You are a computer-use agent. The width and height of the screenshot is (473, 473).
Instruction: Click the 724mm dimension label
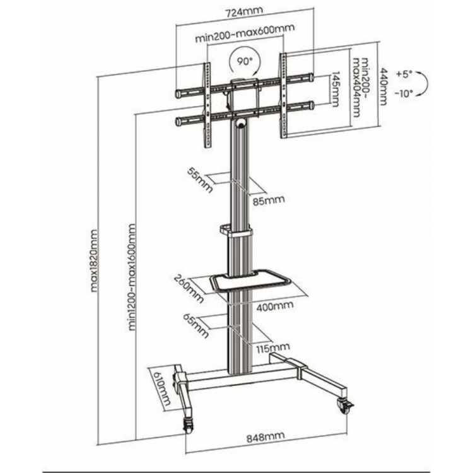point(244,12)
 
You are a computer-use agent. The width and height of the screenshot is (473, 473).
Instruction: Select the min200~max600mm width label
point(245,33)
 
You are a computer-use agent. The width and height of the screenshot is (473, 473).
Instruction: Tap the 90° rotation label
point(244,62)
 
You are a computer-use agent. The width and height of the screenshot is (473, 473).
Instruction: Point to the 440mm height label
point(383,86)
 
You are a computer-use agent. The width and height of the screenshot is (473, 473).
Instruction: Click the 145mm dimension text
point(336,89)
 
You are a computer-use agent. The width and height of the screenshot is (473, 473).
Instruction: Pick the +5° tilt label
point(404,74)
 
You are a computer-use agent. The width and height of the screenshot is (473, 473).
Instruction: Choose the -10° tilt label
point(404,94)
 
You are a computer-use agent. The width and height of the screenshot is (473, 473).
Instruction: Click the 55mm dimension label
point(200,180)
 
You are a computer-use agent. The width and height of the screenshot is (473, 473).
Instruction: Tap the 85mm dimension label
point(269,201)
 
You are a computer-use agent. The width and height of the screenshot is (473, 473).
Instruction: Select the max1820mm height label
point(95,260)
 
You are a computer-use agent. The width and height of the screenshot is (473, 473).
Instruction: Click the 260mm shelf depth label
point(189,289)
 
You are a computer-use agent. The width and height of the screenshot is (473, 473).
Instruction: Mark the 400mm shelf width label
point(275,306)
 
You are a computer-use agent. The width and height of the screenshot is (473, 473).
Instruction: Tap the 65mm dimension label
point(196,326)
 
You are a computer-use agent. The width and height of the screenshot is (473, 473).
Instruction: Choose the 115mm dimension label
point(273,348)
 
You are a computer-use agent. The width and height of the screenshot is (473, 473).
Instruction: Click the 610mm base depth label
point(162,388)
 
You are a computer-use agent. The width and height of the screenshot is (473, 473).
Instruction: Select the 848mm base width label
point(266,437)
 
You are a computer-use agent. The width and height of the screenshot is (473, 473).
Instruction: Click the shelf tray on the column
point(250,281)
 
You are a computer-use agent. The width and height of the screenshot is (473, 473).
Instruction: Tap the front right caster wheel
point(345,407)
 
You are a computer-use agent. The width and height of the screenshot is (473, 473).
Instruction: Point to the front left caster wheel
point(187,426)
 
